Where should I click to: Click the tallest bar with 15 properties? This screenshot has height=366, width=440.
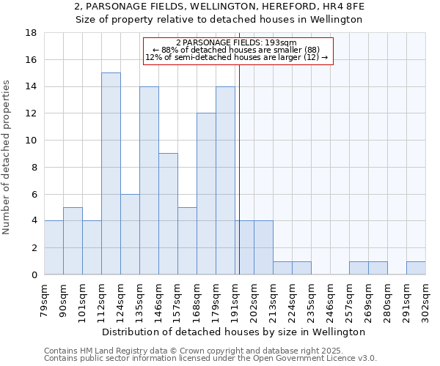click(111, 173)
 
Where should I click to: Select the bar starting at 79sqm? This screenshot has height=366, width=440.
click(54, 247)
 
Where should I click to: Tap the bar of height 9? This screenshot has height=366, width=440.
click(168, 214)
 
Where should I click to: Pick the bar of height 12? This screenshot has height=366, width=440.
click(206, 194)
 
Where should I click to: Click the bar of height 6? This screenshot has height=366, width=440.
click(130, 234)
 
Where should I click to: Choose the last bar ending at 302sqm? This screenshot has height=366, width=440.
click(416, 268)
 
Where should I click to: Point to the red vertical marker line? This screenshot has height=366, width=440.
click(239, 168)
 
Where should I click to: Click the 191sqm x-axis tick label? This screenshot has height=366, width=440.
click(235, 299)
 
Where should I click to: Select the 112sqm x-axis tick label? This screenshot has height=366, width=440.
click(102, 299)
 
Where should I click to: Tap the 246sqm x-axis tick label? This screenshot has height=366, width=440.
click(331, 299)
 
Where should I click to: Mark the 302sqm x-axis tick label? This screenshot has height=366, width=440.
click(426, 299)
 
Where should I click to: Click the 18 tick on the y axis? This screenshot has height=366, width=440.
click(32, 33)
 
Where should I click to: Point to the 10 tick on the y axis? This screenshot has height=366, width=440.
click(32, 141)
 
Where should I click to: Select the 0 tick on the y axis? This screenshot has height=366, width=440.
click(34, 275)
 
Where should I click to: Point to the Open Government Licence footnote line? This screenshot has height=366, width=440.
click(210, 359)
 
